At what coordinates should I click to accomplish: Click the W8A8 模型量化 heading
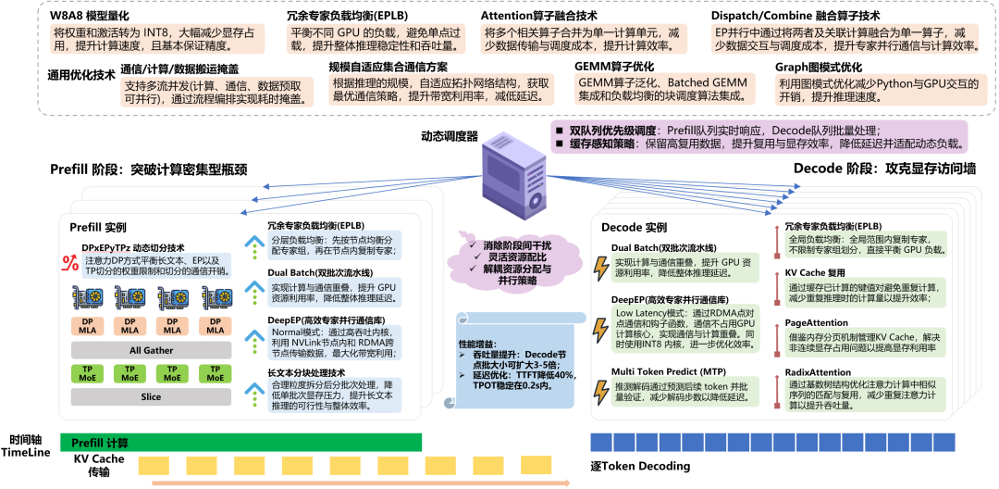coord(90,16)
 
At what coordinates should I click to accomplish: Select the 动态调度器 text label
coord(449,135)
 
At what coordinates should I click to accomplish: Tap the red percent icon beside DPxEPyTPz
coord(68,262)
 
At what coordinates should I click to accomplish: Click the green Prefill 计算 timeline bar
coord(240,442)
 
